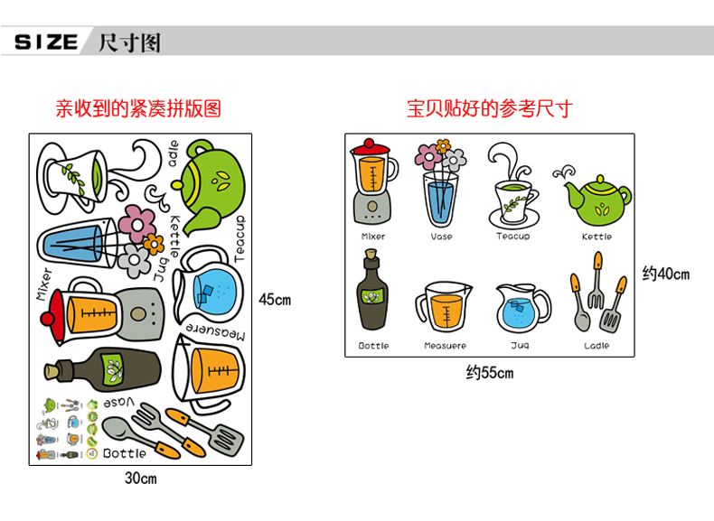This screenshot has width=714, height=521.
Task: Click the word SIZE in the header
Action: click(x=47, y=42)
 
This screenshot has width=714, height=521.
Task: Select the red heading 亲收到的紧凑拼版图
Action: click(x=138, y=110)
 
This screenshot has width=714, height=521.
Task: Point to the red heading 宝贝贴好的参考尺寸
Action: click(x=490, y=110)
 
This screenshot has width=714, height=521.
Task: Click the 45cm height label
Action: click(x=275, y=300)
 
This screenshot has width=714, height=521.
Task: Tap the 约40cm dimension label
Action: click(x=665, y=274)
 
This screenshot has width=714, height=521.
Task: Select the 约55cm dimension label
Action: click(x=489, y=372)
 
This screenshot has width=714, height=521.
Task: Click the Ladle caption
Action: click(x=597, y=346)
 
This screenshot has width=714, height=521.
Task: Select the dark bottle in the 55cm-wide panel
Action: click(x=372, y=293)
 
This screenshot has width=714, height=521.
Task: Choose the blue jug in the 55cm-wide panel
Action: click(x=521, y=308)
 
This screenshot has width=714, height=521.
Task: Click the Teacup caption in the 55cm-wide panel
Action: click(x=513, y=237)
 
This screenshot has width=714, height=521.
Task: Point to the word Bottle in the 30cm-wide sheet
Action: click(x=124, y=453)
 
